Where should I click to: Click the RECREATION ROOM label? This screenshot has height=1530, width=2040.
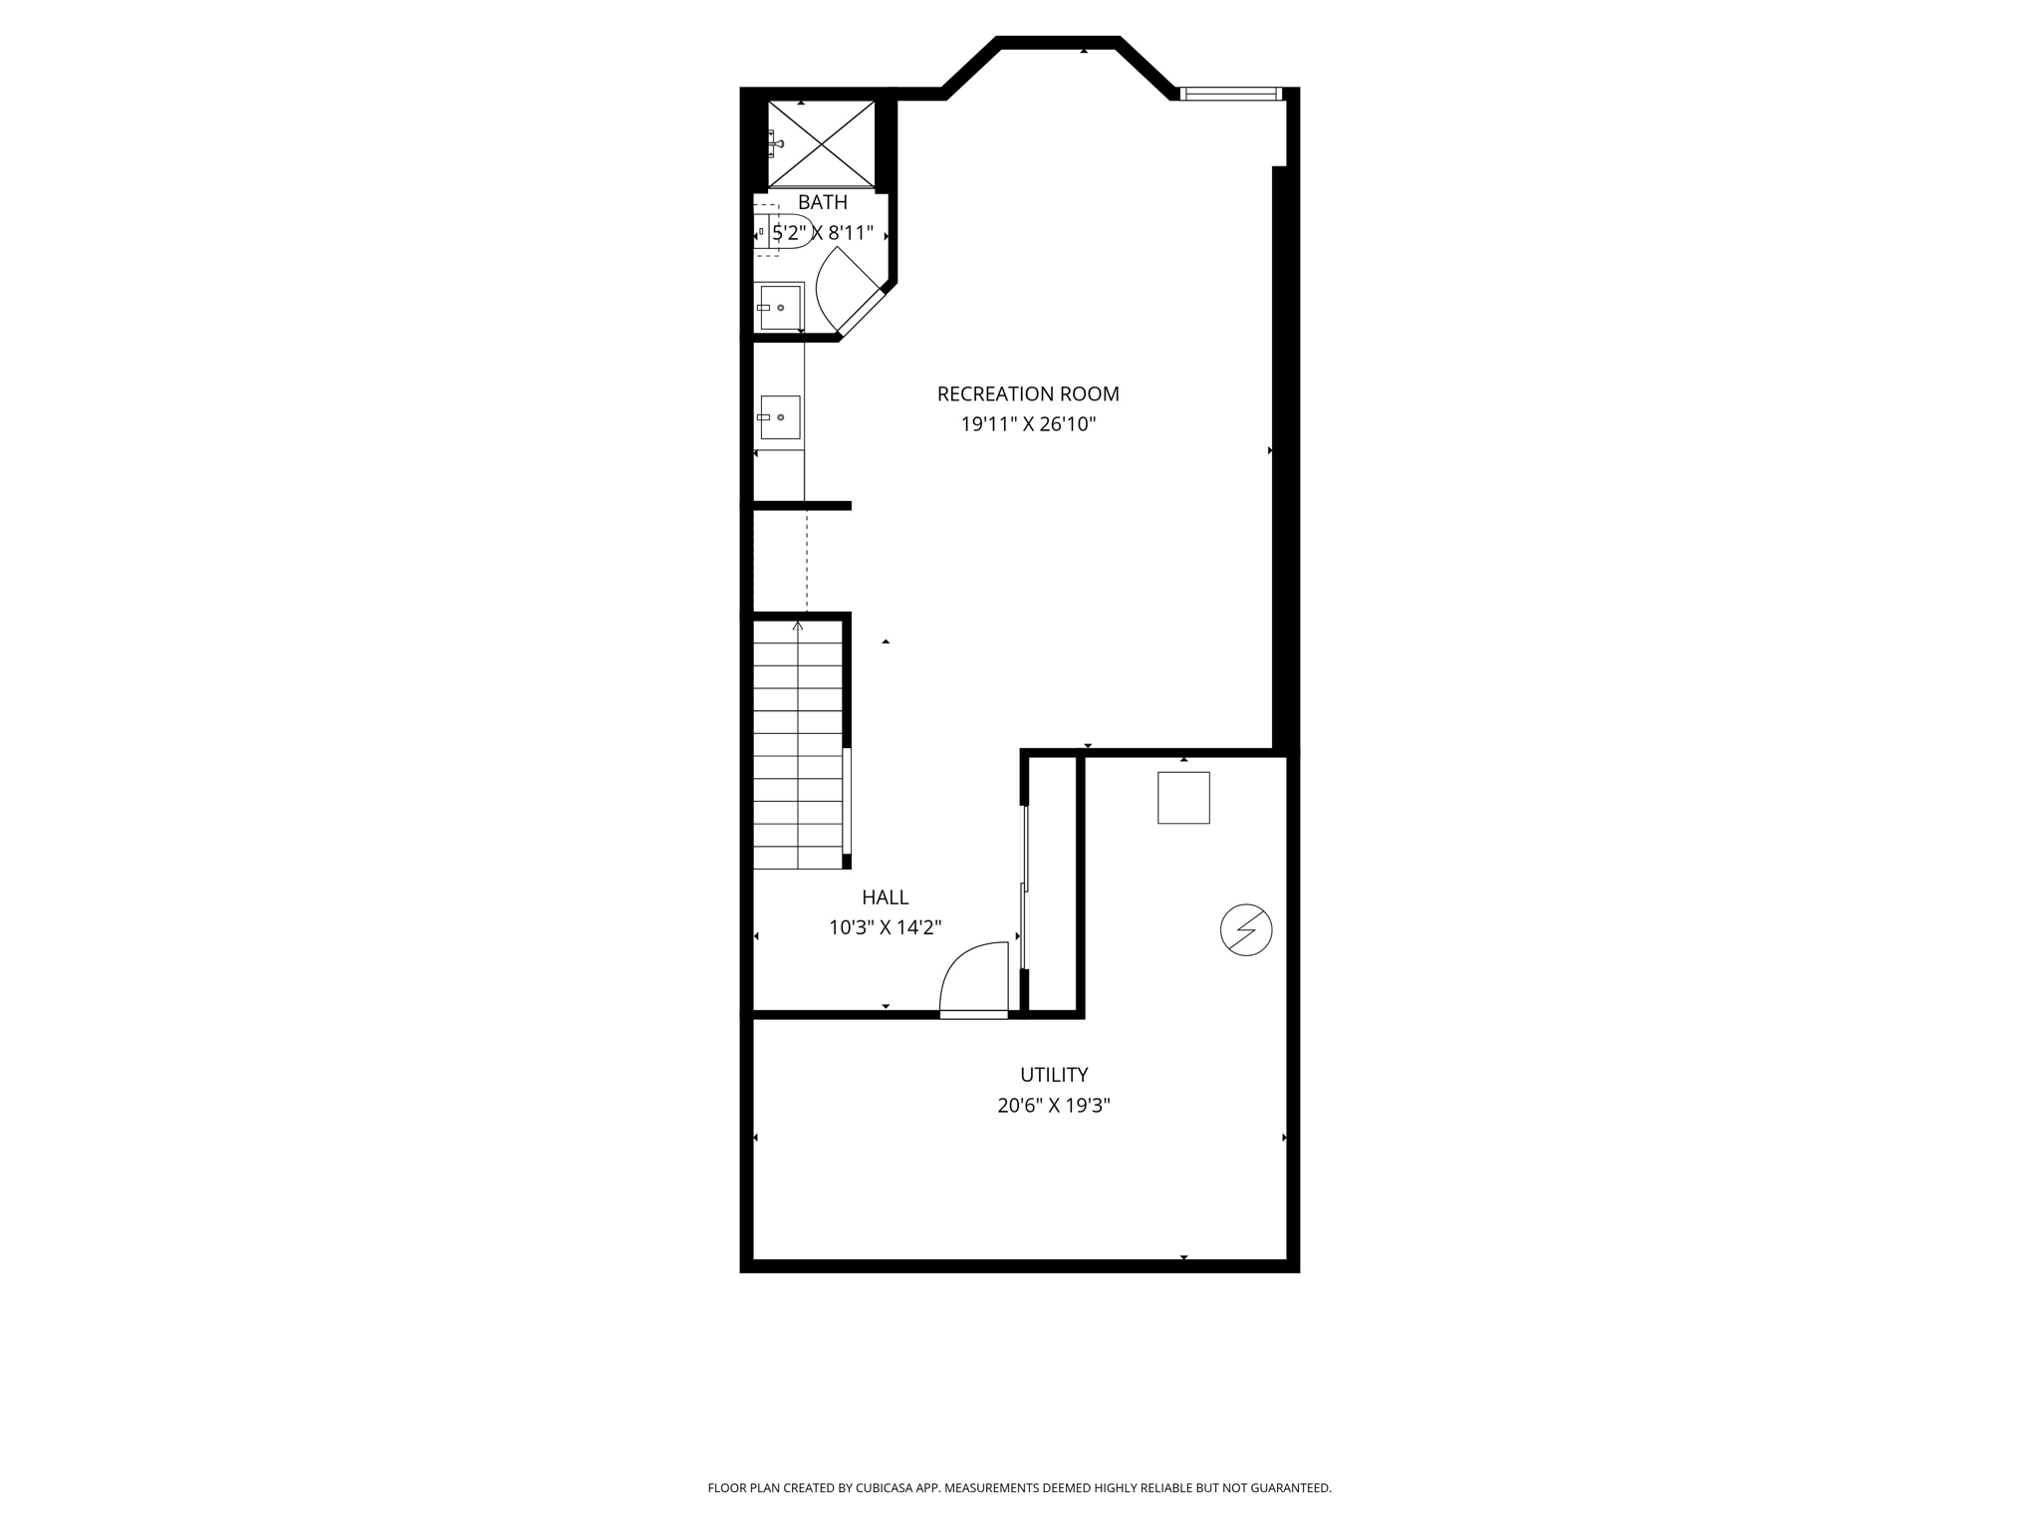tap(1028, 394)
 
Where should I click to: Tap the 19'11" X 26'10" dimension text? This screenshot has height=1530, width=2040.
tap(1028, 424)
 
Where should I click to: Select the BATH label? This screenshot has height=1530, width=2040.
tap(823, 202)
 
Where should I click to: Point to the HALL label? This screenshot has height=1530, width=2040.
tap(886, 897)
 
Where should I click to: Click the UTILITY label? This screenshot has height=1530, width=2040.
tap(1054, 1075)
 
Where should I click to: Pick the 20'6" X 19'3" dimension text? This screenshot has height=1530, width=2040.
tap(1054, 1106)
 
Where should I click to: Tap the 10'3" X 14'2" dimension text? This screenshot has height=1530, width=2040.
tap(886, 928)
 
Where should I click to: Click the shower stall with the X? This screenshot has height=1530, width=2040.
tap(822, 143)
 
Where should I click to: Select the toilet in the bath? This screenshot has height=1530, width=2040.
tap(784, 231)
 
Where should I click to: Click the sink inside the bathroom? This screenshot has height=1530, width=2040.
tap(780, 307)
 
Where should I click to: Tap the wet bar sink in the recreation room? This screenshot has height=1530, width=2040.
tap(780, 416)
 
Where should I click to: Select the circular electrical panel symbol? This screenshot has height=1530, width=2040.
tap(1246, 930)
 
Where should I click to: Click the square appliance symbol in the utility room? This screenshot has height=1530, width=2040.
tap(1183, 798)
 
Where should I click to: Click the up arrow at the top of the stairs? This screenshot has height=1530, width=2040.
tap(798, 626)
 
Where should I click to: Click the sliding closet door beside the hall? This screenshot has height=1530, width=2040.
tap(1024, 887)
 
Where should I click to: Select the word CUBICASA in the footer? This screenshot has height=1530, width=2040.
tap(895, 1488)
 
